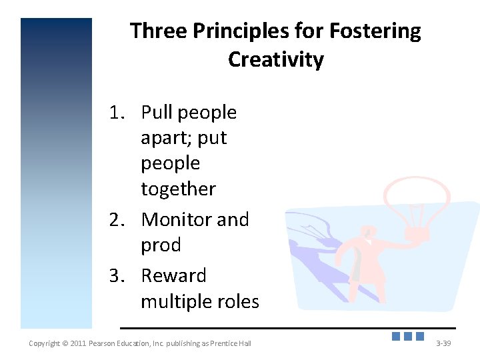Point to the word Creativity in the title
[275, 59]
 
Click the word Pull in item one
[157, 113]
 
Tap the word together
[178, 189]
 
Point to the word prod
[161, 245]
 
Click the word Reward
[174, 275]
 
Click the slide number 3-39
[443, 343]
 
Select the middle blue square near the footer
[408, 337]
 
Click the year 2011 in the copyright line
[75, 343]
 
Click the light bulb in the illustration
[415, 200]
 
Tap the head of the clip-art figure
[367, 231]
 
